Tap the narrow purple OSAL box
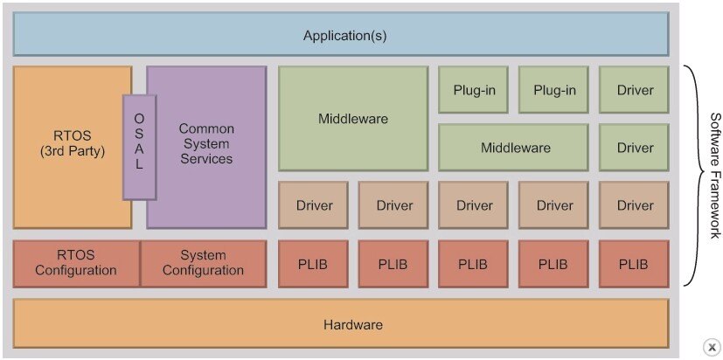pos(139,146)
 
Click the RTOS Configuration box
pos(76,263)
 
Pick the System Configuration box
pos(203,263)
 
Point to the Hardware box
pos(341,324)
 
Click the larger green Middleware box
pos(353,118)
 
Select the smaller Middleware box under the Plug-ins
pos(516,148)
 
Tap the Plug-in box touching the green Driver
pos(554,90)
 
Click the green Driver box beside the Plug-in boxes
pos(635,90)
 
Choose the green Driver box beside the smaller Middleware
pos(635,148)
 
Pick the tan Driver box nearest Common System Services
pos(313,205)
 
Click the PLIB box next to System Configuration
pos(313,263)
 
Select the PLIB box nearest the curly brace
pos(635,263)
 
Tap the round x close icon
pos(712,346)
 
